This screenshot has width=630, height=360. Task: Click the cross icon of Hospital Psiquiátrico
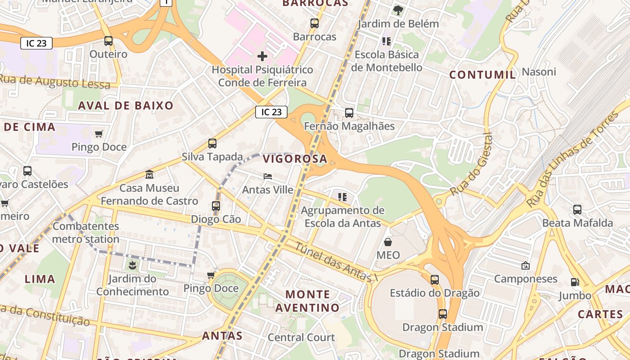262,56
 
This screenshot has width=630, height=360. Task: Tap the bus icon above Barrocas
315,23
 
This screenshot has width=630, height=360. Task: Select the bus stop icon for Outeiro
108,41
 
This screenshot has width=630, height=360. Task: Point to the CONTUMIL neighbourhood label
483,75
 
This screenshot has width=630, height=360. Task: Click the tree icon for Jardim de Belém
398,10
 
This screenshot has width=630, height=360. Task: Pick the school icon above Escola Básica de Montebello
386,41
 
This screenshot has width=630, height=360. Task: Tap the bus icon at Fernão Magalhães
349,113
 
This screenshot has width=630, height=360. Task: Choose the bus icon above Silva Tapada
212,144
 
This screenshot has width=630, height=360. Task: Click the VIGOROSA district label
295,159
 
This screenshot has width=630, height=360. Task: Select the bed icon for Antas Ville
268,176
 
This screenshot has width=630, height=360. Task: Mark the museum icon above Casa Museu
149,174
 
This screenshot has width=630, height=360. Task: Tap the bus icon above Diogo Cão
216,206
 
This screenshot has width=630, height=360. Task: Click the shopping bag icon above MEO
388,242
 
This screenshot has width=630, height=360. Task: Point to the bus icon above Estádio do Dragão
435,280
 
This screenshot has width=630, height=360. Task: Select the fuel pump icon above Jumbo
575,282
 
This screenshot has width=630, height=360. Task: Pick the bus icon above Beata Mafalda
577,210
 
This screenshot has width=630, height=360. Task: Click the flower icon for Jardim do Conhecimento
132,265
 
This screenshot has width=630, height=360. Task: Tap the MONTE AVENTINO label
308,301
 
